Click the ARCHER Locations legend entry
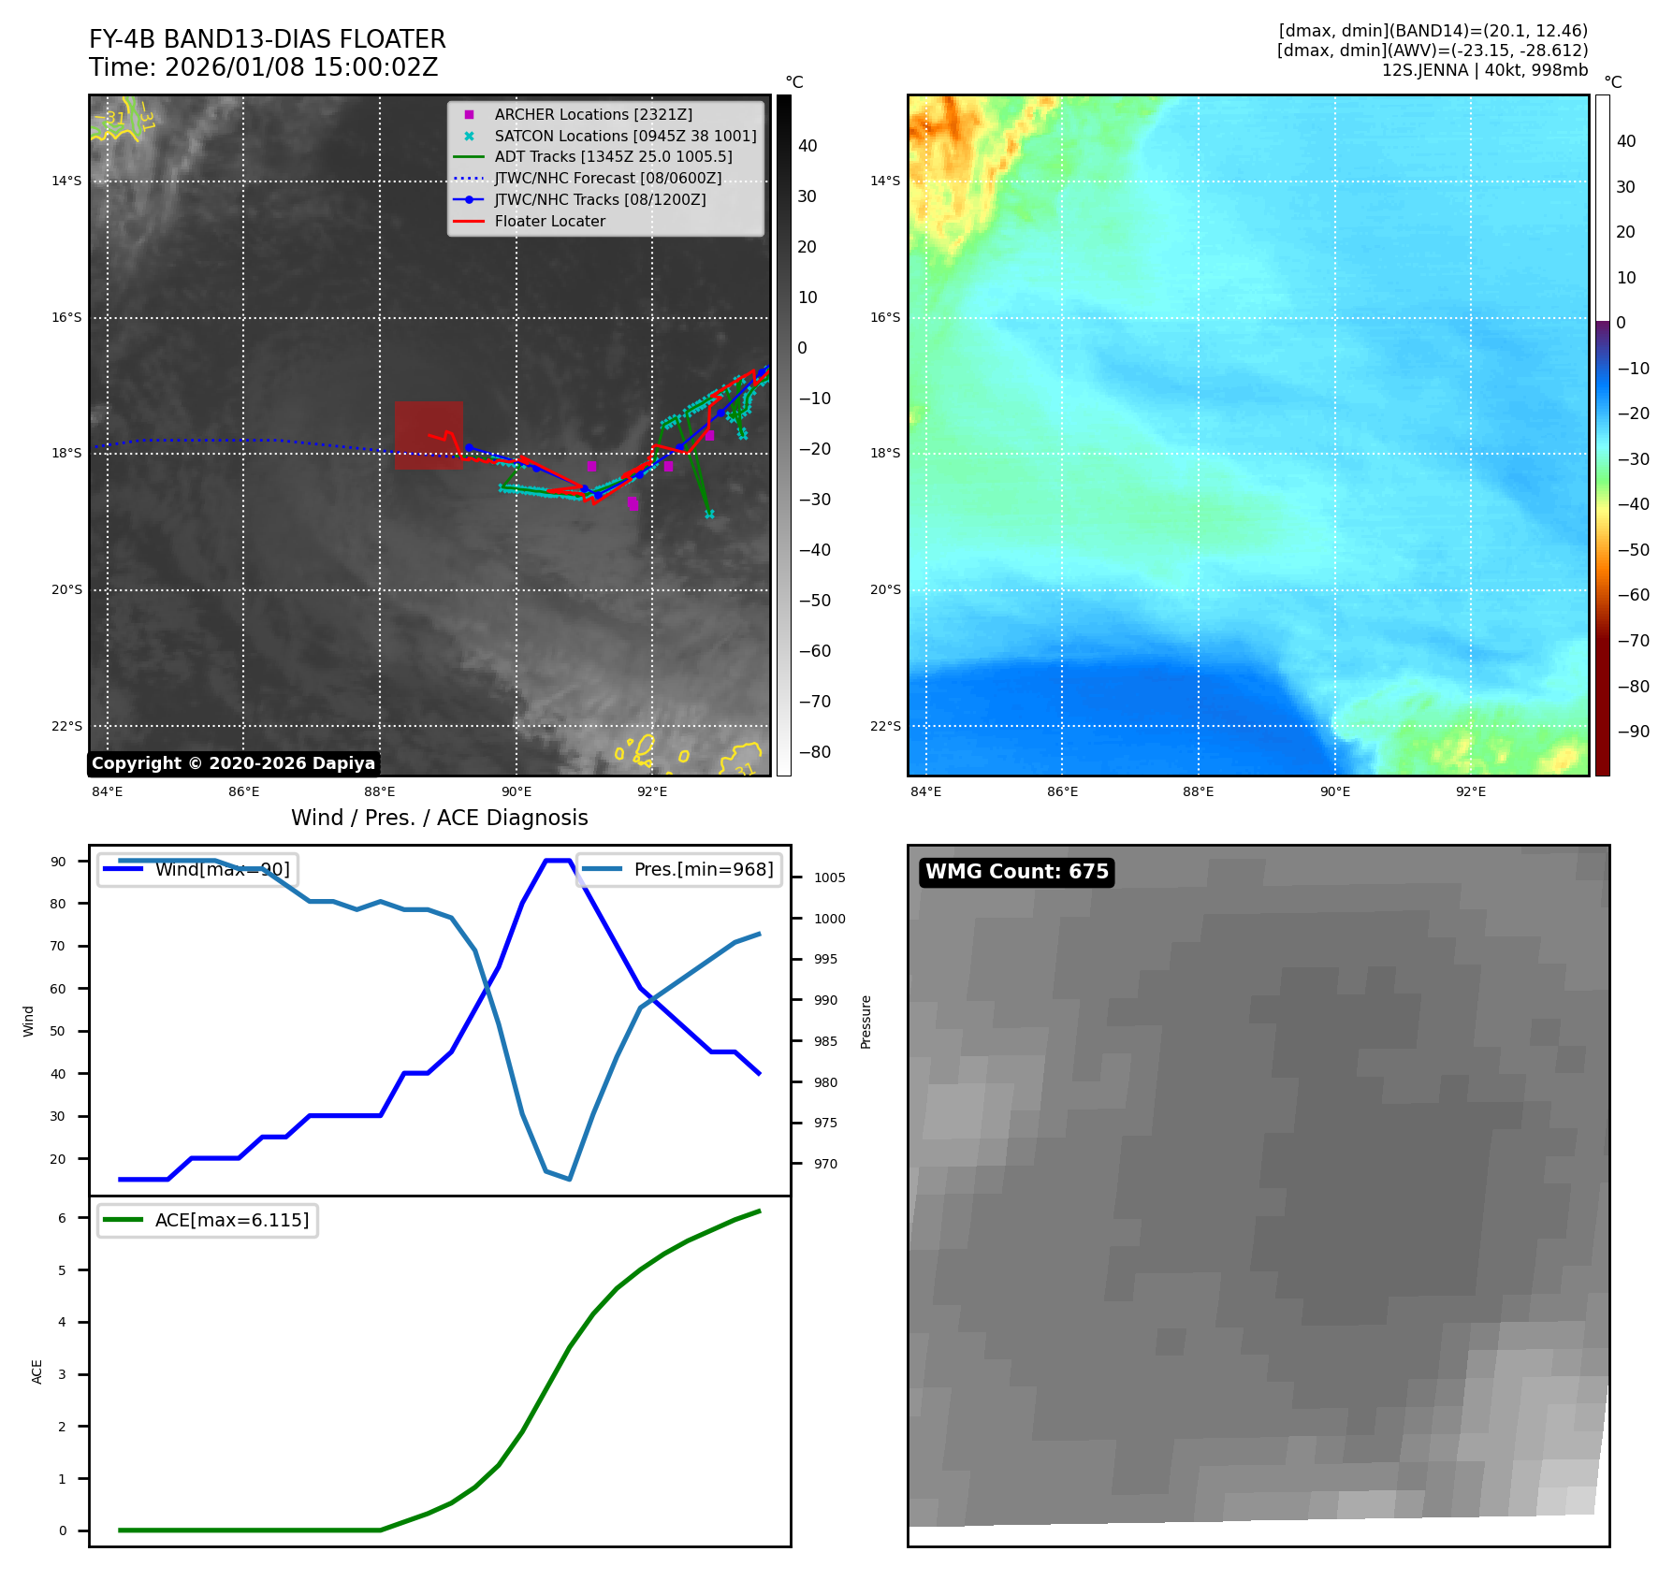(x=593, y=114)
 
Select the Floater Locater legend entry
(x=549, y=222)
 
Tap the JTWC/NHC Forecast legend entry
(x=607, y=179)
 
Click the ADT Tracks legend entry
(x=613, y=157)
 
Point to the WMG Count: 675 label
(x=1016, y=872)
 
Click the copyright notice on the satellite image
(x=233, y=763)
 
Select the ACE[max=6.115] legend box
(x=208, y=1221)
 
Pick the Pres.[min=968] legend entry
(x=679, y=870)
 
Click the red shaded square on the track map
(x=429, y=435)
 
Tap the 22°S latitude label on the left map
(x=66, y=727)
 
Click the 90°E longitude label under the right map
(x=1334, y=792)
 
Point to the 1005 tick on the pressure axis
(x=829, y=878)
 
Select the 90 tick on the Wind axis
(x=58, y=862)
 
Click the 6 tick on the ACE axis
(x=62, y=1218)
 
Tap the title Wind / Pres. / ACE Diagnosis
(x=439, y=819)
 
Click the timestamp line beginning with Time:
(x=263, y=68)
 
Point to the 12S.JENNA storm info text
(x=1484, y=70)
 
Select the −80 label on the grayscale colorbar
(x=814, y=752)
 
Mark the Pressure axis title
(x=866, y=1022)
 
